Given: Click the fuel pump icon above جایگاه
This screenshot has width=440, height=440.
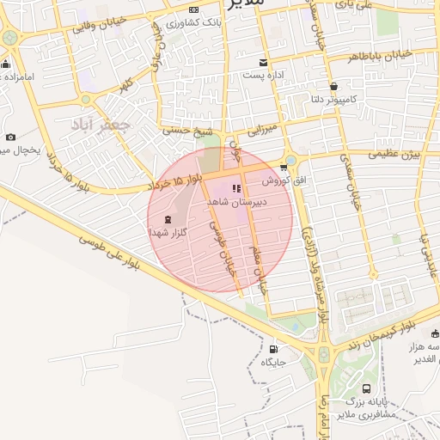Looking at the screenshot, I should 273,349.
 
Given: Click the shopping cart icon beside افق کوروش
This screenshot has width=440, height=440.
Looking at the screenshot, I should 284,168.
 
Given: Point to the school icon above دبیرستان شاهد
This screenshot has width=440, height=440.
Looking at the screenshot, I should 237,188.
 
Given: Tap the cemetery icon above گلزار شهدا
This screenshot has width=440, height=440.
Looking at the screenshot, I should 167,220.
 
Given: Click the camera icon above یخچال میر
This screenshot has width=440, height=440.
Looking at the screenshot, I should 10,137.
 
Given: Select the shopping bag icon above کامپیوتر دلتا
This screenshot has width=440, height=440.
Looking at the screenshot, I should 333,87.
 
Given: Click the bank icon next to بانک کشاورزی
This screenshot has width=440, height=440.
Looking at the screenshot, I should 190,21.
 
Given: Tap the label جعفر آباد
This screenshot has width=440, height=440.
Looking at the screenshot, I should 102,124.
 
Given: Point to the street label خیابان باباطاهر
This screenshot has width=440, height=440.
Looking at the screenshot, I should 381,57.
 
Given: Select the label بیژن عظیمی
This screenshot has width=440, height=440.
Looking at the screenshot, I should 394,156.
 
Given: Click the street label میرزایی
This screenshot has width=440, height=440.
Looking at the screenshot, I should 260,131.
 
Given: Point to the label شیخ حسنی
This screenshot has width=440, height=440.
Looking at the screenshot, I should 190,131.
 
